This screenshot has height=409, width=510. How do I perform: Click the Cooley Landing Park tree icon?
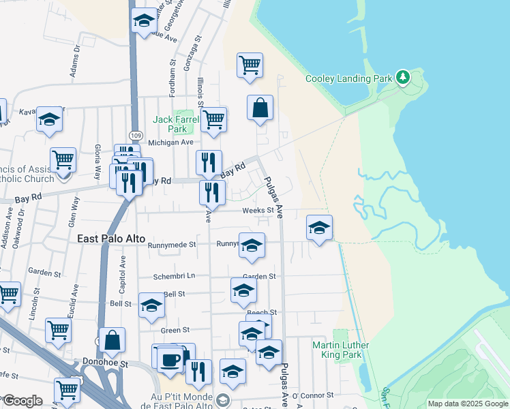point(403,78)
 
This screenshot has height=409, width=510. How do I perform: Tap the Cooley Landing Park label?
point(349,78)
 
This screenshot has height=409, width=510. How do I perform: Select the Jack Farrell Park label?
point(176,123)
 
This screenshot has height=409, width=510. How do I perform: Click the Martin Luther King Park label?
point(341,350)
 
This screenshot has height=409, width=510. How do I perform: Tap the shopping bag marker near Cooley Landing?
point(260,108)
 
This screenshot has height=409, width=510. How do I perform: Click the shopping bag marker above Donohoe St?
point(112,340)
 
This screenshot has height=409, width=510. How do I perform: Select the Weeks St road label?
point(260,211)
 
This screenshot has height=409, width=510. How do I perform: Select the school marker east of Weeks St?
point(319,228)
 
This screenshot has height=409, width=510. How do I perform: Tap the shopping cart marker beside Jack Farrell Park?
point(214,120)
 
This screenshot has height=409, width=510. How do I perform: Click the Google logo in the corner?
point(22,401)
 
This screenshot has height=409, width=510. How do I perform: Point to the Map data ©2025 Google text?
point(467,404)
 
